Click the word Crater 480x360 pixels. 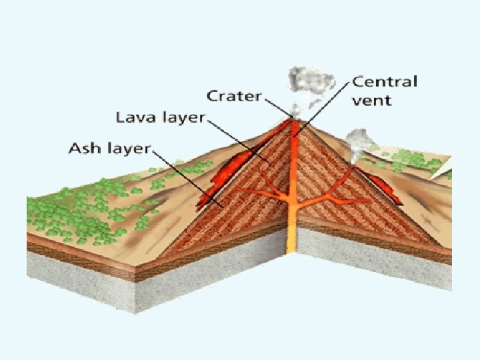coord(235,95)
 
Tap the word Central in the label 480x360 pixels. coord(385,83)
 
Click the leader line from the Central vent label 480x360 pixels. coord(327,107)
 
